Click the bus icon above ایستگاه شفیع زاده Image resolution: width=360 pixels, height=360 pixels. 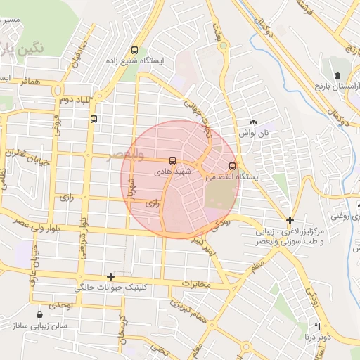point(134,49)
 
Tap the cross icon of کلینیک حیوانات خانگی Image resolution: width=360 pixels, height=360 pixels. point(110,277)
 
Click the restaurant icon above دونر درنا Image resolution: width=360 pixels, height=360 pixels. point(317,326)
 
